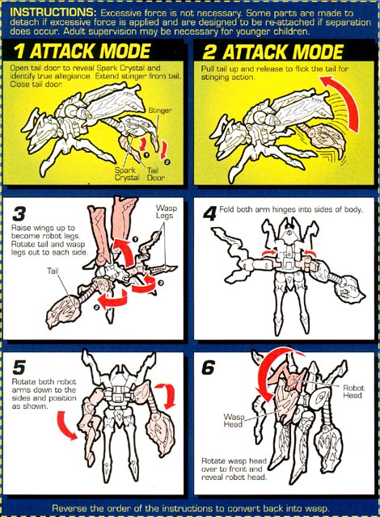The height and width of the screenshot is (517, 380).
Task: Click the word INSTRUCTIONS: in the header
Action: (53, 13)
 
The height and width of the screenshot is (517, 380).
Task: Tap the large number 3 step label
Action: (19, 213)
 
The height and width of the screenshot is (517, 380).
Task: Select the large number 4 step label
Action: (209, 213)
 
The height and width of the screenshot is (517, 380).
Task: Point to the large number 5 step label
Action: (19, 367)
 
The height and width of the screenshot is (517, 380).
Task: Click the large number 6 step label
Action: (208, 368)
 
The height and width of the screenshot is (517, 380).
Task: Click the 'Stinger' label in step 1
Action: (160, 110)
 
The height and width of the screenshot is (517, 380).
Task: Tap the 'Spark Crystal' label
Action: (127, 174)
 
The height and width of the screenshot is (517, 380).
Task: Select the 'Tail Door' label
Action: (156, 174)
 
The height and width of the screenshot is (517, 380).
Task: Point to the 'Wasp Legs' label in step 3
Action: (166, 212)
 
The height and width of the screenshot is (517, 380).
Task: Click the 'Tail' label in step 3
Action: (53, 271)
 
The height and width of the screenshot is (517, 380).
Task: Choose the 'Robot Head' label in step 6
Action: (353, 391)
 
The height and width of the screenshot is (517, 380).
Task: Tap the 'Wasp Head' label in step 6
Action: (234, 420)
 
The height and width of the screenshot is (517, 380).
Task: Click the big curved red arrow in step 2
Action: (346, 99)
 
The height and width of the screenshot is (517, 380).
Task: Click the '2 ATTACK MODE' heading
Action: (272, 52)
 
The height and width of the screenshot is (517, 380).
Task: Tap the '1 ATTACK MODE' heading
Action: (82, 51)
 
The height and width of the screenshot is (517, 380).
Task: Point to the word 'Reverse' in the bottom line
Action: (68, 508)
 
